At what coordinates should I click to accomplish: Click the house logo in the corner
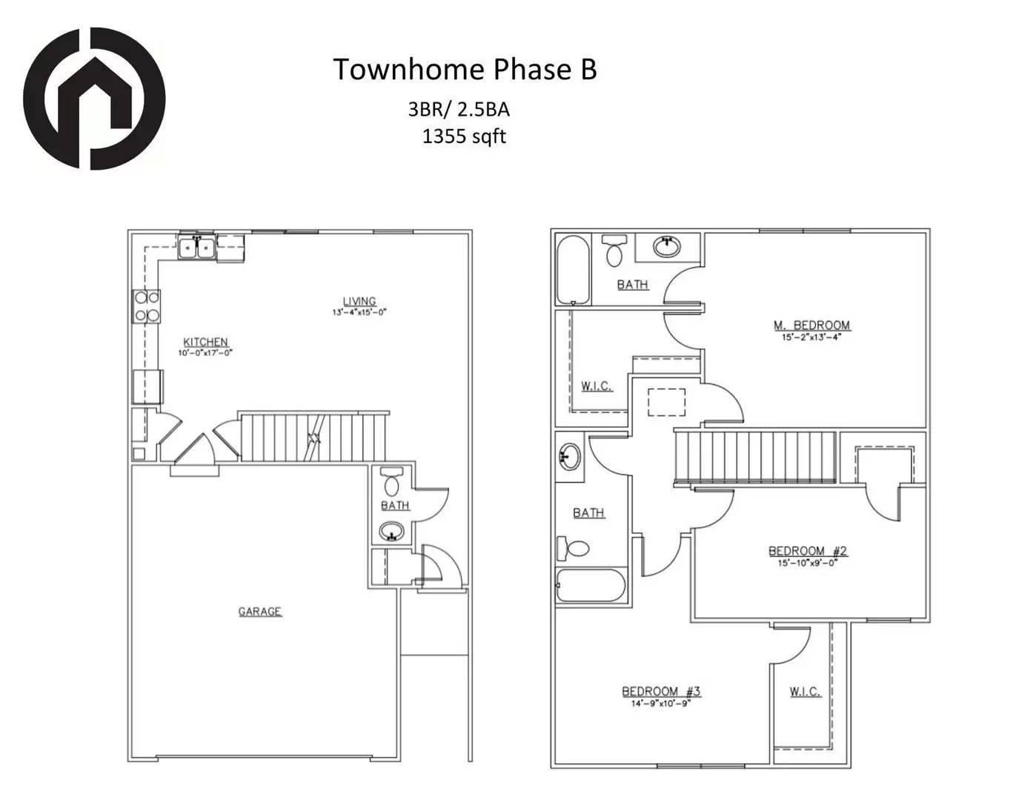[x=93, y=99]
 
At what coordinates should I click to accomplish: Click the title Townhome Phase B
[x=465, y=69]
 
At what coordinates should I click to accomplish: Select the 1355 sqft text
[x=464, y=136]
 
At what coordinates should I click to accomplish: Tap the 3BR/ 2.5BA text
[x=459, y=110]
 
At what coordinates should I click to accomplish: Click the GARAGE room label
[x=259, y=611]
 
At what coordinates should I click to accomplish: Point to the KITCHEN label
[x=205, y=342]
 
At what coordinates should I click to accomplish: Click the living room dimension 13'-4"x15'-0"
[x=359, y=312]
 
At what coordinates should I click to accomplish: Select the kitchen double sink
[x=196, y=247]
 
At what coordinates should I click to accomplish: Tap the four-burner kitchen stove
[x=146, y=306]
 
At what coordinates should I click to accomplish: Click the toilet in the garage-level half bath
[x=392, y=482]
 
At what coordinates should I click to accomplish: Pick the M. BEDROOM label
[x=811, y=325]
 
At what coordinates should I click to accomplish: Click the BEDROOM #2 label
[x=807, y=550]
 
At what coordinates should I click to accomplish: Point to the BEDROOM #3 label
[x=660, y=691]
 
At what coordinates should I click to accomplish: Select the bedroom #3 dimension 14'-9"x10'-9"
[x=660, y=703]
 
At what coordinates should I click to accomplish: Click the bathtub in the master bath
[x=573, y=270]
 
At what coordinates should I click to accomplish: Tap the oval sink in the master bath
[x=668, y=246]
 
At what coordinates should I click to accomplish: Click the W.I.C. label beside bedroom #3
[x=805, y=691]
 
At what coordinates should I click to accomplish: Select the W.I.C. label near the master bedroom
[x=597, y=386]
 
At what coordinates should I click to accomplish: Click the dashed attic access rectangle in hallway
[x=666, y=402]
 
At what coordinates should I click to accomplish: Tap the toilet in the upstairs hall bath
[x=574, y=548]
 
